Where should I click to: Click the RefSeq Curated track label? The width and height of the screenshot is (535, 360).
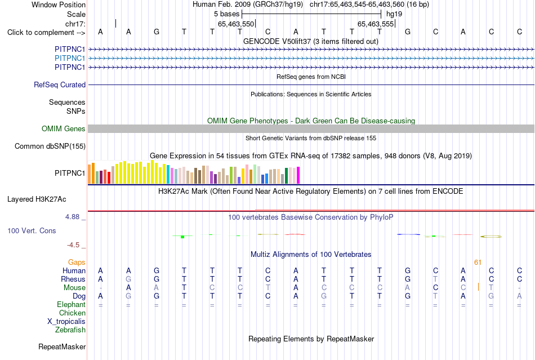[x=60, y=85]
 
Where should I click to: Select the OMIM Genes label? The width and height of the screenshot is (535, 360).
[x=64, y=128]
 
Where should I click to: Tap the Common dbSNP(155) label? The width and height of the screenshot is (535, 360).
[x=50, y=146]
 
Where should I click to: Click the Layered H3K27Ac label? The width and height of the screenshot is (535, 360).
[x=37, y=199]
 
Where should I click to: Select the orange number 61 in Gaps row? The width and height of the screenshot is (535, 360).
[x=478, y=262]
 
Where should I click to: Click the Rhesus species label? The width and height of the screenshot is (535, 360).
[x=73, y=279]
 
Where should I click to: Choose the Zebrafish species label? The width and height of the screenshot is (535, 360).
[x=70, y=330]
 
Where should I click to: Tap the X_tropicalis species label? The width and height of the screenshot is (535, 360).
[x=66, y=322]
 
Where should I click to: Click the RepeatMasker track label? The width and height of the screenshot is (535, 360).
[x=62, y=346]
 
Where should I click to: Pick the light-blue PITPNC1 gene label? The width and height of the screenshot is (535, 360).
[x=70, y=59]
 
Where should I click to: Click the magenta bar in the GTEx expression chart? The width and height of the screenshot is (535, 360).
[x=298, y=175]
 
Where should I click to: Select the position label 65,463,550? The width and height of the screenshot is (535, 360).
[x=236, y=24]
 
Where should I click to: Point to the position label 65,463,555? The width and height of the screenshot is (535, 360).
[x=376, y=24]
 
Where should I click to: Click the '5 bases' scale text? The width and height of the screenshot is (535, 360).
[x=227, y=14]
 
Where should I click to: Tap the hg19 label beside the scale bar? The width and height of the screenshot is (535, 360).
[x=394, y=14]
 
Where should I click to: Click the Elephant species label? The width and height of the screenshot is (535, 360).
[x=72, y=304]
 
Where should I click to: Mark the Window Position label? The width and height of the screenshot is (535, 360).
[x=59, y=5]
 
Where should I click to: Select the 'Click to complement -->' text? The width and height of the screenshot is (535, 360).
[x=46, y=33]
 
